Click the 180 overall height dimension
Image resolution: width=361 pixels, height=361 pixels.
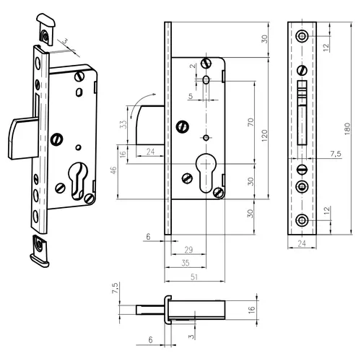(x=347, y=129)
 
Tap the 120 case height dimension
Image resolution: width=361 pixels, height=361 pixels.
(x=264, y=136)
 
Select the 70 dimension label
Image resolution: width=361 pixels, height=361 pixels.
(x=251, y=122)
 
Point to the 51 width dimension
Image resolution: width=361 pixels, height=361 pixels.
(x=194, y=277)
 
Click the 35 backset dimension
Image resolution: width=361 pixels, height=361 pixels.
(x=186, y=263)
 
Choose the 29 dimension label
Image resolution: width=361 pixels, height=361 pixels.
(x=188, y=250)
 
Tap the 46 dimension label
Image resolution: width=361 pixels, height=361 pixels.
(x=113, y=170)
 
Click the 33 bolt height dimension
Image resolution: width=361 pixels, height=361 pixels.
(x=123, y=124)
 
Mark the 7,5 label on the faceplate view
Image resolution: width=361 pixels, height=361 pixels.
(x=336, y=154)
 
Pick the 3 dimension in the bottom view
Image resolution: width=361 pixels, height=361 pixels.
(x=191, y=336)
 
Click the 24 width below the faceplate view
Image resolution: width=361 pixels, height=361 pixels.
(x=302, y=243)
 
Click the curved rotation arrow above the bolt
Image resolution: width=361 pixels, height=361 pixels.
(x=140, y=103)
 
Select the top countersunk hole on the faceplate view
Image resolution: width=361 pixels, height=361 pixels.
(x=302, y=36)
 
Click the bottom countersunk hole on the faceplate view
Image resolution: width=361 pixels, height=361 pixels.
(x=302, y=220)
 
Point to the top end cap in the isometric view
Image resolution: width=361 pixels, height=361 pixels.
(x=45, y=29)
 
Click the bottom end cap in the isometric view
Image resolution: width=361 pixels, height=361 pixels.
(x=40, y=251)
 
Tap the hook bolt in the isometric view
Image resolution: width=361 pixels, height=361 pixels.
(x=23, y=139)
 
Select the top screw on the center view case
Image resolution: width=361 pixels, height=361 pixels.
(x=206, y=64)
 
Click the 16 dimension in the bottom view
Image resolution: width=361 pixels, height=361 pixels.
(x=251, y=310)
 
